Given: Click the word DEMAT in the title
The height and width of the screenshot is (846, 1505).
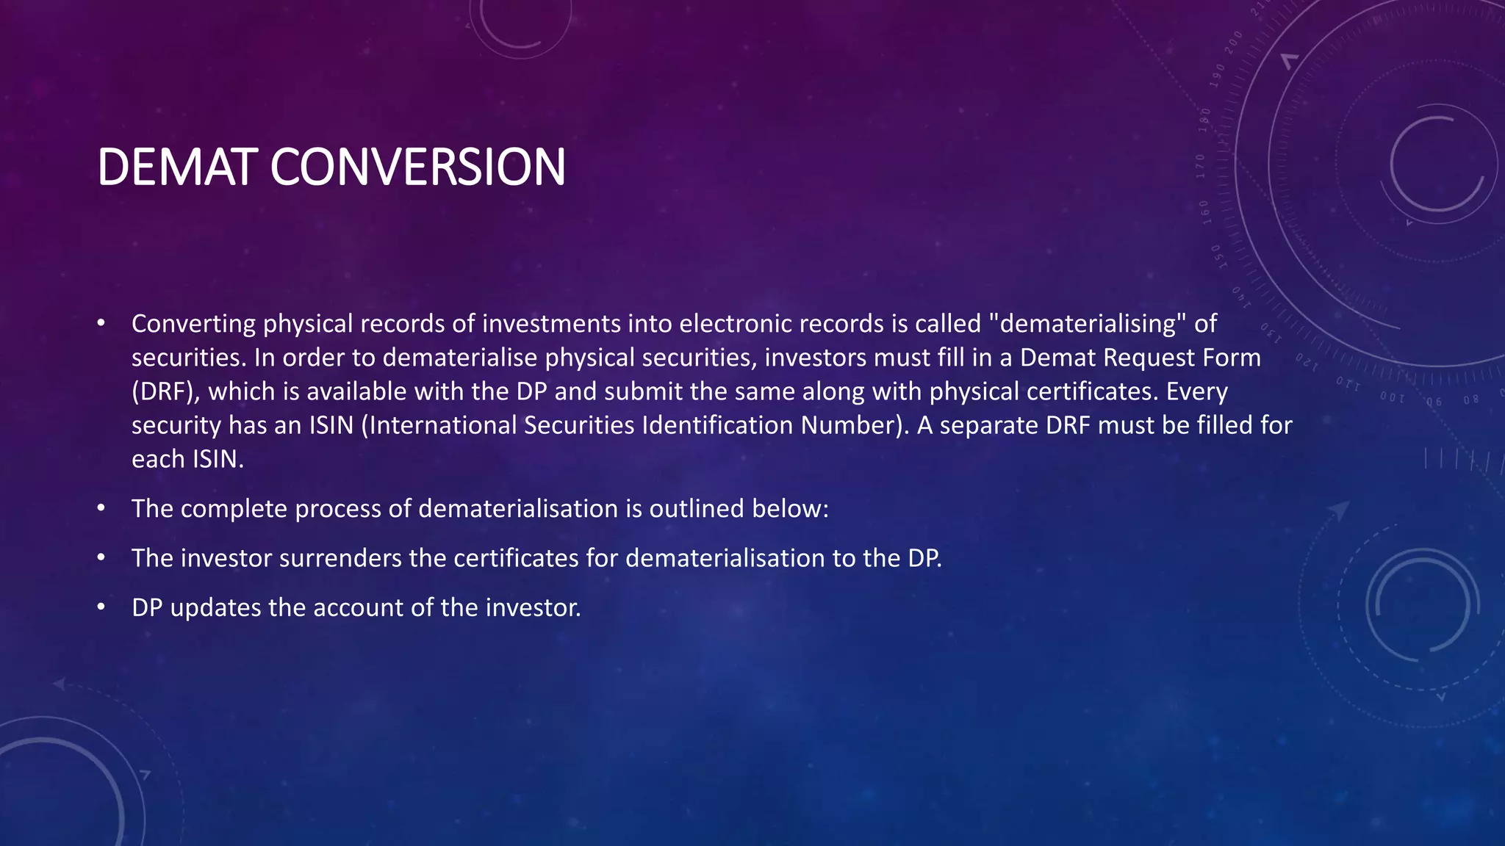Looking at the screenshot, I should (177, 167).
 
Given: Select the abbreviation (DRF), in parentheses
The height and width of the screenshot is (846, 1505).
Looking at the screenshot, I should (166, 391).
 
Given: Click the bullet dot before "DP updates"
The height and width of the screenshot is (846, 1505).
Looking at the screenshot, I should (101, 607).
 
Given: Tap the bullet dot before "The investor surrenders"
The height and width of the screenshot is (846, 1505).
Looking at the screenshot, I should (101, 557).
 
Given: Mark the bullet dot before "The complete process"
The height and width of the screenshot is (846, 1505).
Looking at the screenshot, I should (101, 507).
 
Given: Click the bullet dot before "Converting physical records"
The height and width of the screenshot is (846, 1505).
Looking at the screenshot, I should (101, 323).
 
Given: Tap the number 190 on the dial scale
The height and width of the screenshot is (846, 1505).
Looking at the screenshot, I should (1218, 75).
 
